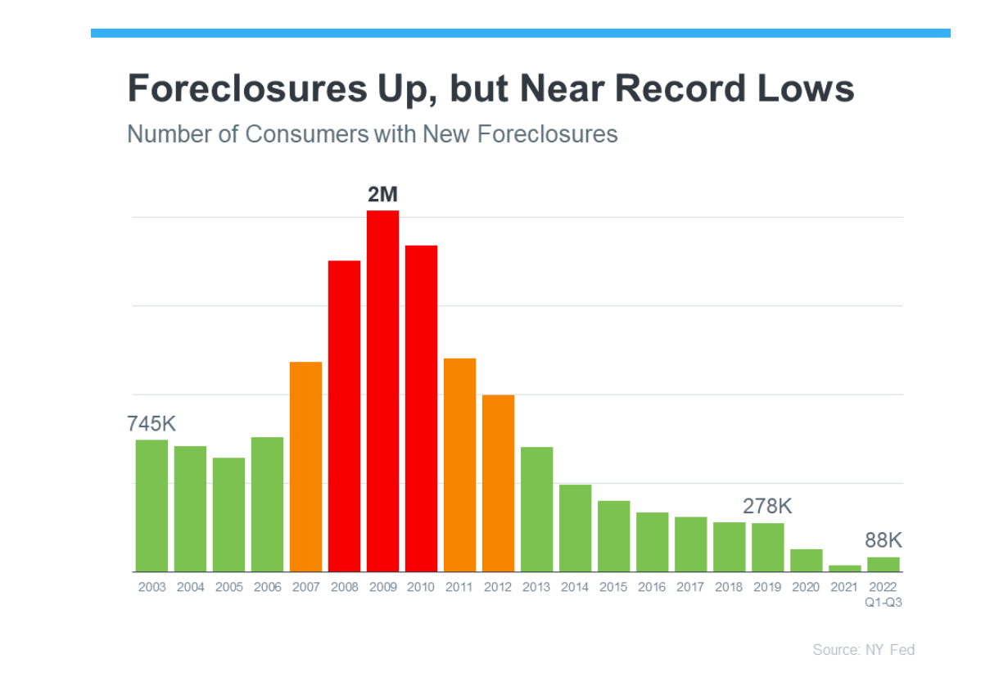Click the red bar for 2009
[x=382, y=391]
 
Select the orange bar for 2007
[x=305, y=467]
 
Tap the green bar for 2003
[x=151, y=506]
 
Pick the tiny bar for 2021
[x=844, y=568]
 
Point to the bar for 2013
[x=536, y=509]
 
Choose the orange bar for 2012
[x=498, y=483]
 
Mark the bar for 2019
[x=768, y=547]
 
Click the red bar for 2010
[x=421, y=408]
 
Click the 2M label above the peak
[x=382, y=195]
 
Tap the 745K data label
[x=151, y=424]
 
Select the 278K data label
[x=767, y=506]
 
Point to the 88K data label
[x=884, y=540]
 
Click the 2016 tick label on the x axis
[x=652, y=587]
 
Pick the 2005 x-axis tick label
[x=228, y=587]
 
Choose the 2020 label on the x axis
[x=806, y=587]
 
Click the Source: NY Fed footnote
[x=863, y=650]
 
